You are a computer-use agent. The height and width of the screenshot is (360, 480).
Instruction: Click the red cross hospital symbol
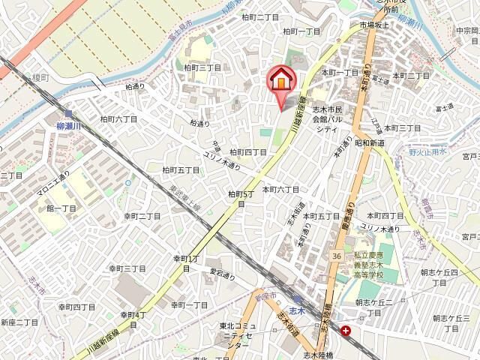[x=346, y=329]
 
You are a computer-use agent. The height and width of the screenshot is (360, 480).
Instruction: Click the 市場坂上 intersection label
[x=376, y=25]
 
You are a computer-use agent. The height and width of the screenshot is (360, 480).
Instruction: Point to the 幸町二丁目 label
[x=142, y=216]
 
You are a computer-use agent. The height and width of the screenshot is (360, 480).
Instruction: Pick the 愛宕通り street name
[x=221, y=274]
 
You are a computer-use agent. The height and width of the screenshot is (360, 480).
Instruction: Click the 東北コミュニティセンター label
[x=238, y=335]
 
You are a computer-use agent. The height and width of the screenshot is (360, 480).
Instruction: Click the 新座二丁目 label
[x=19, y=322]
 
